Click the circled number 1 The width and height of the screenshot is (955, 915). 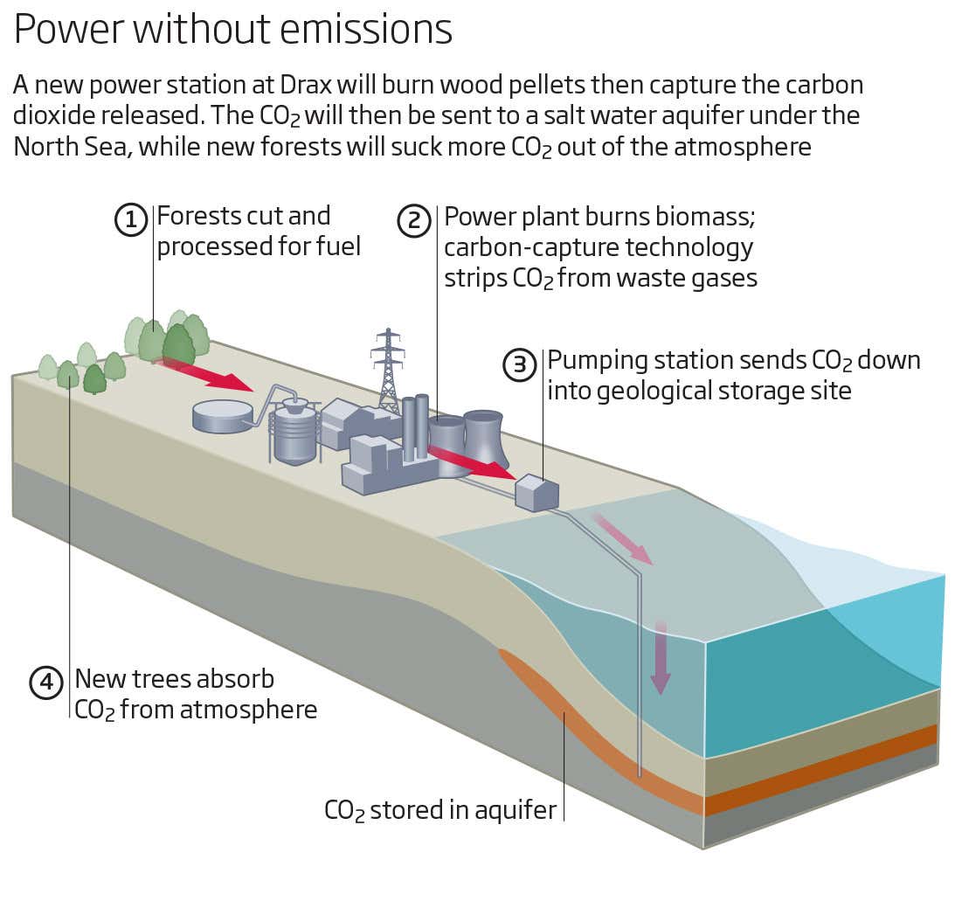click(131, 220)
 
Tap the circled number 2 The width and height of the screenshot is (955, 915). click(414, 220)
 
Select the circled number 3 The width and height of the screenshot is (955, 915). click(520, 364)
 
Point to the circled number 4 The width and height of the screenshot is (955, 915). click(46, 682)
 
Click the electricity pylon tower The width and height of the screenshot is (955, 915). click(388, 371)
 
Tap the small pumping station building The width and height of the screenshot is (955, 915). click(536, 493)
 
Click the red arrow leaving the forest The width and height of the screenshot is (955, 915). click(204, 372)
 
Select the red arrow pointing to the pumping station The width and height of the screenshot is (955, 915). click(471, 463)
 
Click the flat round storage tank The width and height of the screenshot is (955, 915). click(223, 416)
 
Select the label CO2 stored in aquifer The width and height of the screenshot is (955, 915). click(439, 810)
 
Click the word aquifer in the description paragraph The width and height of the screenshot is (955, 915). click(673, 115)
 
